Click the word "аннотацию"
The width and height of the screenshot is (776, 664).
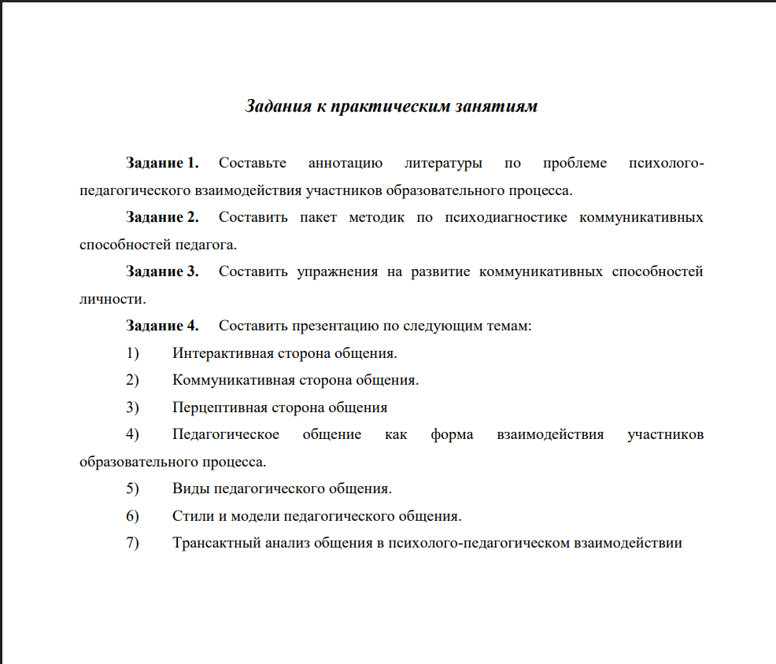pos(346,164)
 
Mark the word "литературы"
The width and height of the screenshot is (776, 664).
pos(443,164)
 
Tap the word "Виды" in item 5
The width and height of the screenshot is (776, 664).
pos(188,489)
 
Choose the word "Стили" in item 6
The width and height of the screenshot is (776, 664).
pos(191,517)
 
